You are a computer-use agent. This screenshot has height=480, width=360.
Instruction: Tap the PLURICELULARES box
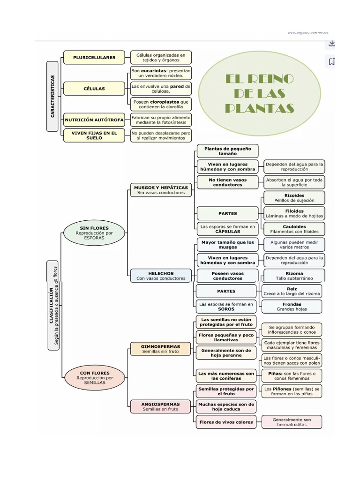coord(94,58)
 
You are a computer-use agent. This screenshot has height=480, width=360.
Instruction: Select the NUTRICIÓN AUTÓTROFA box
coord(94,120)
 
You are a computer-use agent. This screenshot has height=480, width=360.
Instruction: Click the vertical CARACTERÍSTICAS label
coord(53,96)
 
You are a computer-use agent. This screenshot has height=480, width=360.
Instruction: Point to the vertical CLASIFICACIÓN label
coord(53,306)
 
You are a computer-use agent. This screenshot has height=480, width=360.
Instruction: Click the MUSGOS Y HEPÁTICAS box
coord(161,190)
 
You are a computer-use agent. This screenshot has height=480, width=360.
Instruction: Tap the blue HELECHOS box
coord(161,276)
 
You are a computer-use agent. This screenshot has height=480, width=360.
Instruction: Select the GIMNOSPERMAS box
coord(160,349)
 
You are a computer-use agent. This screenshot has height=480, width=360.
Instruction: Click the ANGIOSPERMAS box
coord(160,406)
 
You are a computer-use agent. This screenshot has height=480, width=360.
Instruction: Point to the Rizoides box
coord(294,198)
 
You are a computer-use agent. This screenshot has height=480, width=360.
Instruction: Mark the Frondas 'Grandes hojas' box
coord(292,307)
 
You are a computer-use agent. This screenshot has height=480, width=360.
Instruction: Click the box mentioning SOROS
coord(227,307)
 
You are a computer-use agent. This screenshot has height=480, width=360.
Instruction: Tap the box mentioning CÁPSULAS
coord(227,229)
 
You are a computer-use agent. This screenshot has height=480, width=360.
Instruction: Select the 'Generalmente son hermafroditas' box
coord(292,422)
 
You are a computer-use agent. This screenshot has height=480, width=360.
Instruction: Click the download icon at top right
coord(331,44)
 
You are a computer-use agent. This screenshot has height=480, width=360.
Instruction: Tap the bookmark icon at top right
coord(331,61)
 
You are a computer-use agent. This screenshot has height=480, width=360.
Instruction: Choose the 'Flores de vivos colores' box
coord(226,422)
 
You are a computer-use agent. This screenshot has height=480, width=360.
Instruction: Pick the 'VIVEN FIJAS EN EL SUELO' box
coord(94,135)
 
